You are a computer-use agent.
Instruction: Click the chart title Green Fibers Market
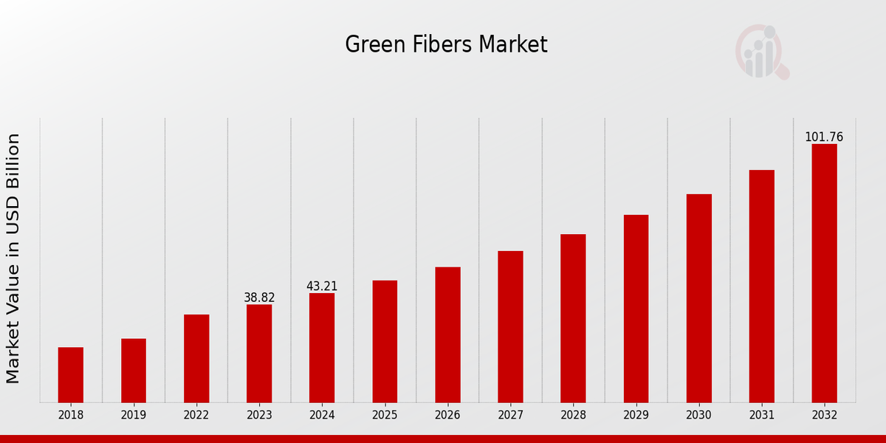[x=446, y=45]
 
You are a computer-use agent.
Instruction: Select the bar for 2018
[x=71, y=374]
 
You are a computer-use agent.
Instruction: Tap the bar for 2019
[x=134, y=370]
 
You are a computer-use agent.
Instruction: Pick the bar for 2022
[x=196, y=358]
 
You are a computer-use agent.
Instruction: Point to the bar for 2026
[x=447, y=334]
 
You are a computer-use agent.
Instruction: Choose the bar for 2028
[x=573, y=318]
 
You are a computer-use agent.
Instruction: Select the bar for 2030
[x=698, y=298]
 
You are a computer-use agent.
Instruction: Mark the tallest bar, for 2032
[x=824, y=273]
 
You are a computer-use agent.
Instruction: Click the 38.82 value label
[x=259, y=298]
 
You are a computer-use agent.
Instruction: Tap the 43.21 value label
[x=322, y=286]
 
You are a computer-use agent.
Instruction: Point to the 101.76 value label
[x=824, y=137]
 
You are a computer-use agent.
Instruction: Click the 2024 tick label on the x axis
[x=322, y=415]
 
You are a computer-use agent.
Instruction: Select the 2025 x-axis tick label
[x=385, y=415]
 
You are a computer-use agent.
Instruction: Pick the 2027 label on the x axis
[x=510, y=415]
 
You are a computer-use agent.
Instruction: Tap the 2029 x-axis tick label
[x=636, y=415]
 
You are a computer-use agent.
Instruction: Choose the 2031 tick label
[x=761, y=415]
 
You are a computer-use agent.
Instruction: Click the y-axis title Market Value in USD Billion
[x=13, y=258]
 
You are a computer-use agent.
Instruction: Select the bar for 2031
[x=761, y=286]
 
